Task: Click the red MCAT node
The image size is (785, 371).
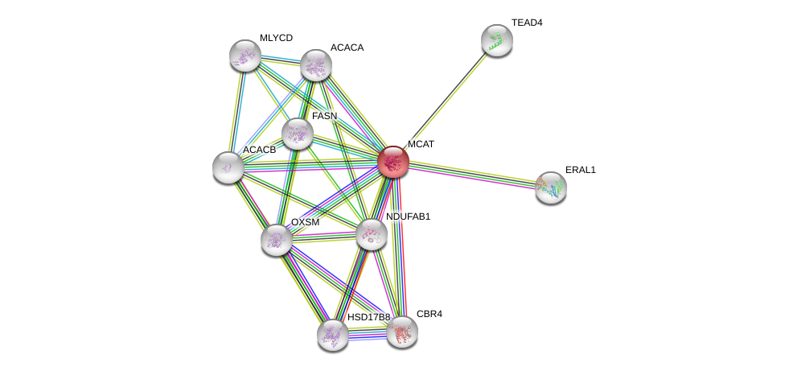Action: pos(393,161)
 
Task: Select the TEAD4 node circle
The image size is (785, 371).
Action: pos(497,40)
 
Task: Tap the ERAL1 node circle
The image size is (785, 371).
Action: pos(551,188)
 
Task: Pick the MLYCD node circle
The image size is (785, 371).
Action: pos(245,56)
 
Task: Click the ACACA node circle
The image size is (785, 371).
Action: pos(316,65)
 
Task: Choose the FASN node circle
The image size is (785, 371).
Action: pos(297,134)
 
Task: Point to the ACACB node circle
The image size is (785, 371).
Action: pos(228,167)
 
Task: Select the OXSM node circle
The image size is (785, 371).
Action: pos(277,240)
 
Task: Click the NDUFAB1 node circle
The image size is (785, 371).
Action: pos(371,234)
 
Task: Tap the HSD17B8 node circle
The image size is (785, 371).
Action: pos(332,335)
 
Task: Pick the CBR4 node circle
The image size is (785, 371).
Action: pos(402,331)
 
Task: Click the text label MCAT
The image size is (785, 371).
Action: pos(421,144)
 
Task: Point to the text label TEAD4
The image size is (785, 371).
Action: pos(527,23)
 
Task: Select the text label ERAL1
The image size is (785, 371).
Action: pos(580,170)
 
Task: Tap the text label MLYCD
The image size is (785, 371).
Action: pos(276,38)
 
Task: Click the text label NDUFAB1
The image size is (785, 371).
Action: pos(408,216)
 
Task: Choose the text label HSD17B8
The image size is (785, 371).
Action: pos(368,317)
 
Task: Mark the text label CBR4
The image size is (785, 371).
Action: pos(429,314)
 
